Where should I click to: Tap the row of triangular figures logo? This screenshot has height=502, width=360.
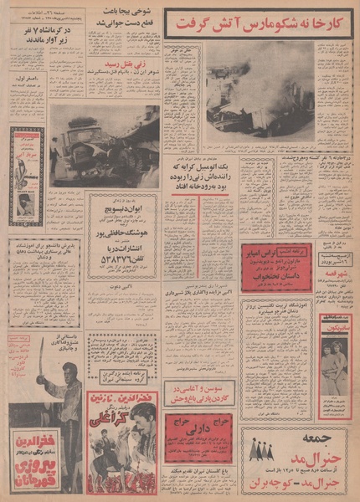261,453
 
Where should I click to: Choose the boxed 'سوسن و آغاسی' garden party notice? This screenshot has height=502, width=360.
198,392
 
